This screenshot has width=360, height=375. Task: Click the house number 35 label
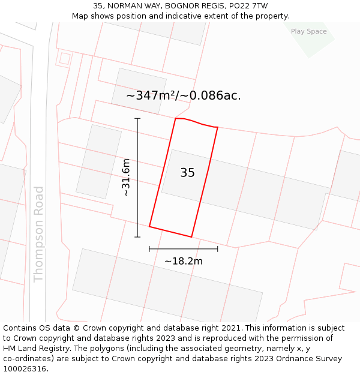click(187, 173)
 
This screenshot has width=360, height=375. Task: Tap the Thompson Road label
click(39, 234)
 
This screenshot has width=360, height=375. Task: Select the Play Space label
click(308, 31)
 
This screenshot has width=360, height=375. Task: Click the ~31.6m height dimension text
click(126, 178)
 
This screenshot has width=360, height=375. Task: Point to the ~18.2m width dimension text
click(183, 261)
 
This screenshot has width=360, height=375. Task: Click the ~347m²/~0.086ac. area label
click(184, 95)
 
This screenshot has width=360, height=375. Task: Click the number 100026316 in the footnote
click(24, 369)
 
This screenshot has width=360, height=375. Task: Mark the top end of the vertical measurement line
click(137, 119)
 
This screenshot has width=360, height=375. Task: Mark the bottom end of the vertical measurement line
click(137, 237)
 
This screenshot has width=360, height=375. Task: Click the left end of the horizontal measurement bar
click(149, 248)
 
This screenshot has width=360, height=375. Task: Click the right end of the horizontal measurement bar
click(217, 248)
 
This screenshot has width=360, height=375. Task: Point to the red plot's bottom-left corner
click(149, 227)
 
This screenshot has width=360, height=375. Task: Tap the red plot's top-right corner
click(217, 127)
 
